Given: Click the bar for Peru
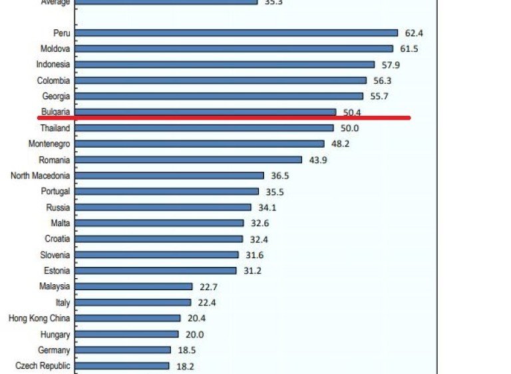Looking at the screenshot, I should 236,33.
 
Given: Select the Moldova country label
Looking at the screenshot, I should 54,49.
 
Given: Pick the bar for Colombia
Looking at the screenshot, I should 220,81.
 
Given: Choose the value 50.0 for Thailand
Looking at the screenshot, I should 349,128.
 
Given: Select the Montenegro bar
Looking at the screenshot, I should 200,144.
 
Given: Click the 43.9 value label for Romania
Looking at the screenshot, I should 317,160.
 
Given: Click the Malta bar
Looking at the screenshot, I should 160,223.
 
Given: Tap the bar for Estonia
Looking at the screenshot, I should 156,271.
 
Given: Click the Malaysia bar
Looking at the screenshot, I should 134,287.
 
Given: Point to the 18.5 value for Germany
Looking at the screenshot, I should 187,350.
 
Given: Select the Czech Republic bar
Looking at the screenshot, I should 122,366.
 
